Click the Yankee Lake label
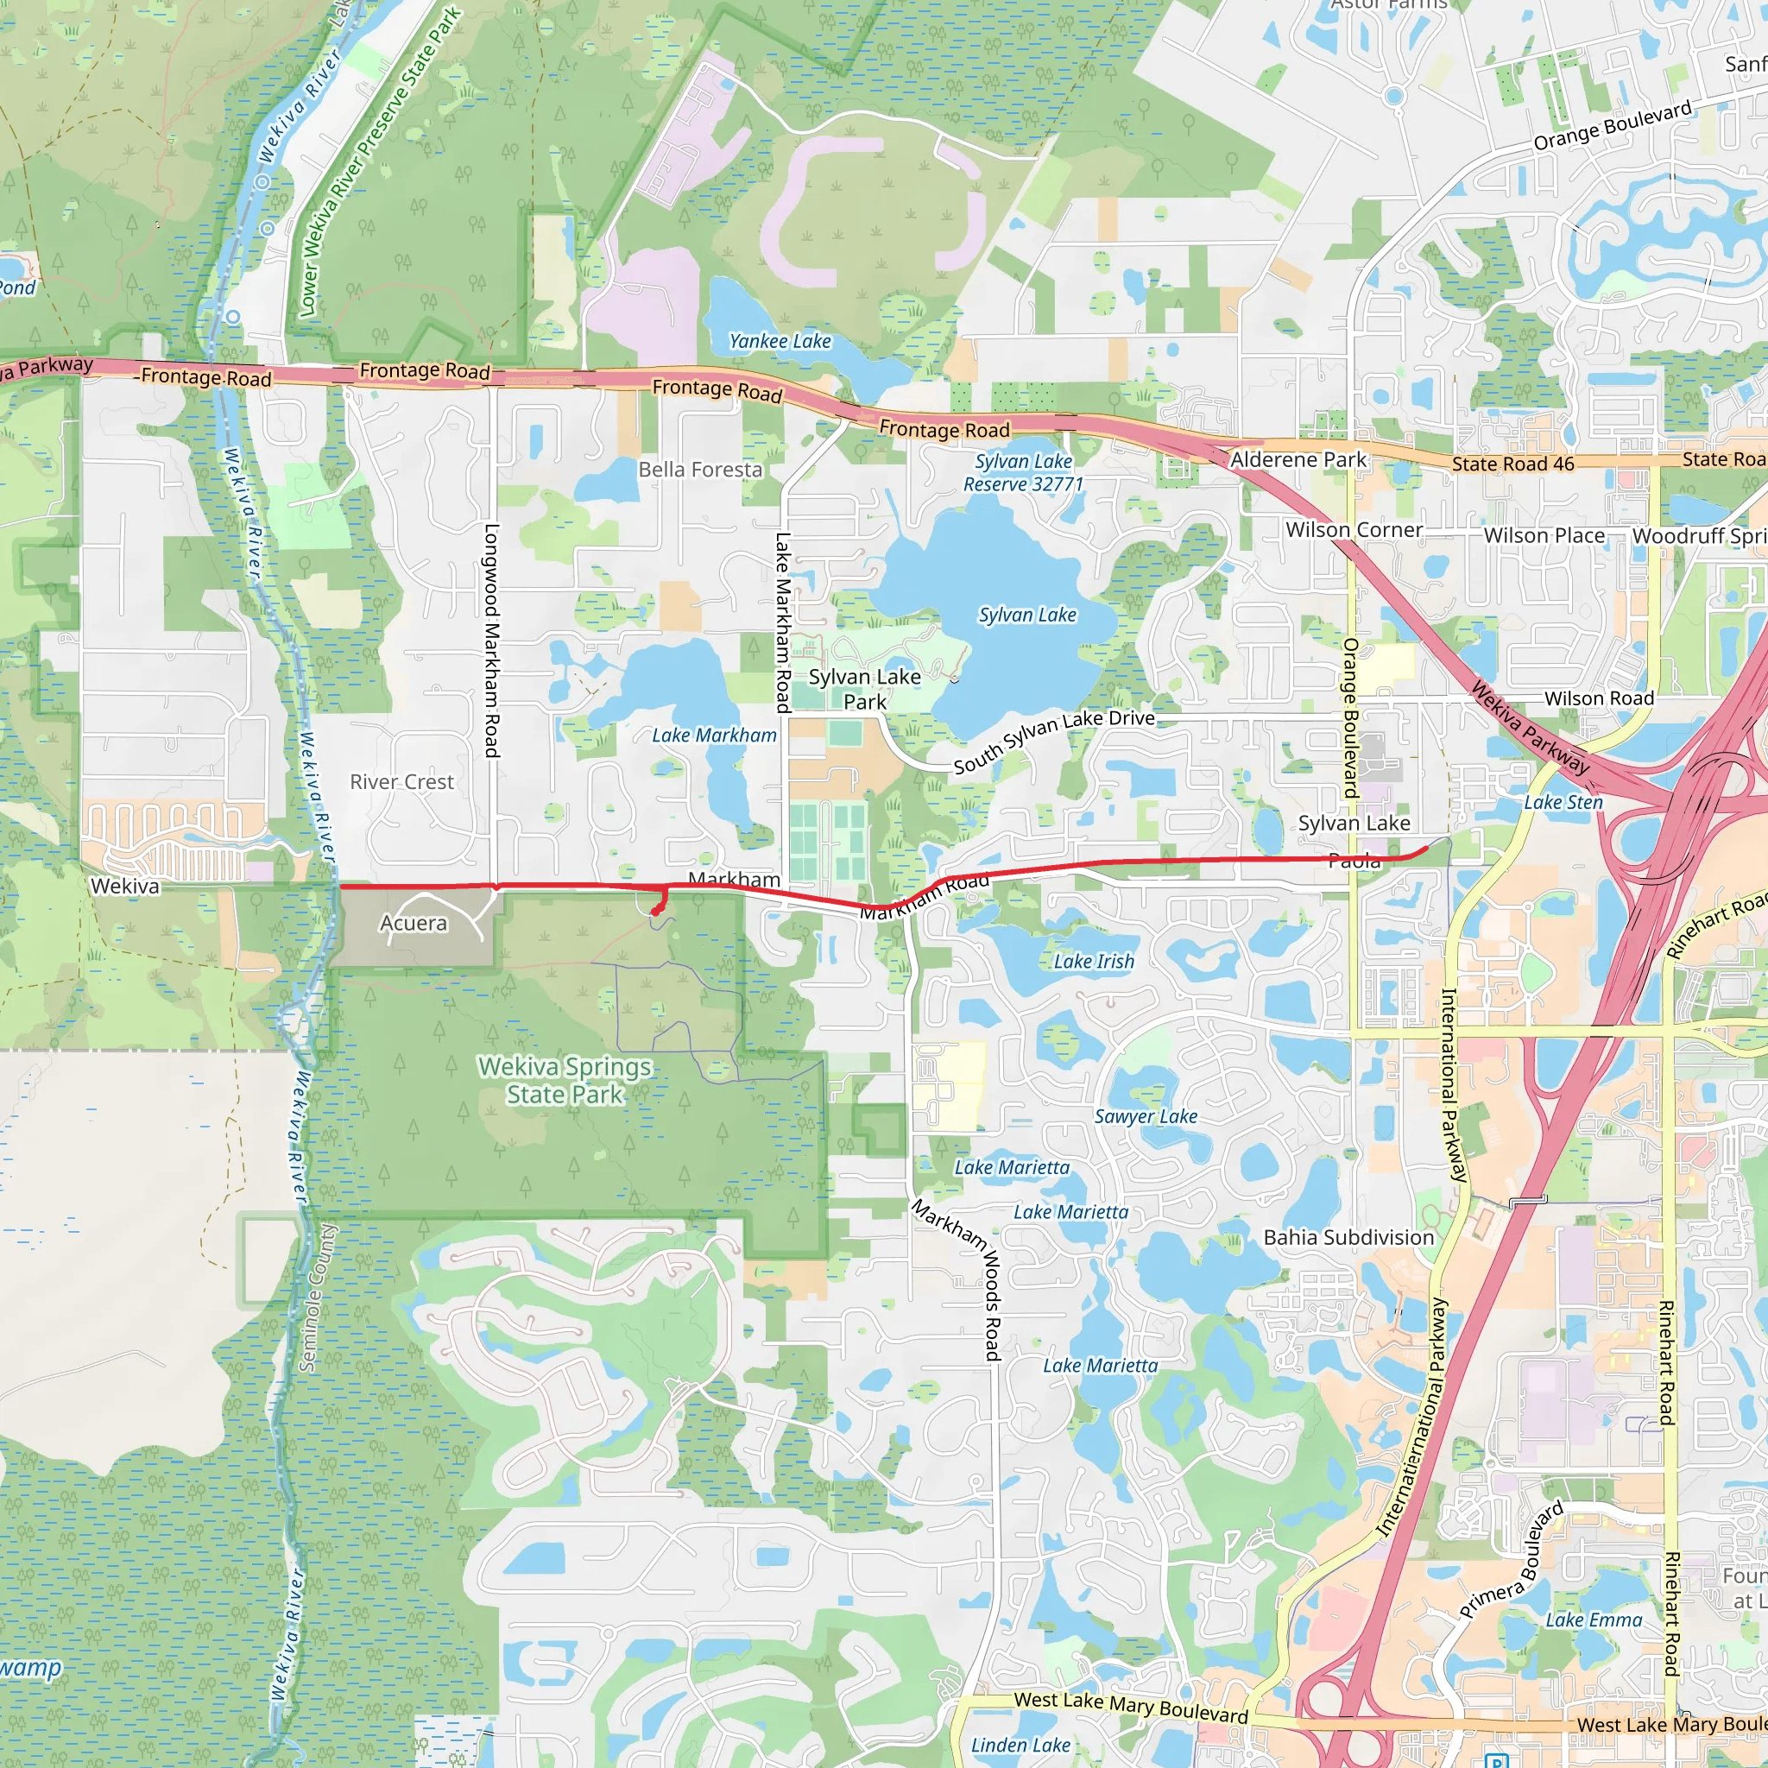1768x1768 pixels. (780, 341)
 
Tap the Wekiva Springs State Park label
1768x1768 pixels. (565, 1081)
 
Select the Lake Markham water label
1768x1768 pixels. (714, 735)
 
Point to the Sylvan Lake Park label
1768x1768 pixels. (864, 689)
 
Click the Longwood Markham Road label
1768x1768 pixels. (491, 641)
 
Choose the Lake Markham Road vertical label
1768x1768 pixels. (782, 622)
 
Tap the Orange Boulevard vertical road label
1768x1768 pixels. (1350, 717)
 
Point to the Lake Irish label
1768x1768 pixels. (1094, 961)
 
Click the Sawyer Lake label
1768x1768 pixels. (1146, 1115)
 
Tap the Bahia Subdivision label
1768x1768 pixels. (1348, 1237)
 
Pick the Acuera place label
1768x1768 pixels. (414, 923)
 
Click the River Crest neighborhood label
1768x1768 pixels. (401, 781)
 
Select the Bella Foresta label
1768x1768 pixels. (700, 470)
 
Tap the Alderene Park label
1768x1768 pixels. (1298, 459)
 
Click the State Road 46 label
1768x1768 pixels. (1512, 464)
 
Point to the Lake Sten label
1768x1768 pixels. (1563, 802)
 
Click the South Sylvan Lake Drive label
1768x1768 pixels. (1054, 741)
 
